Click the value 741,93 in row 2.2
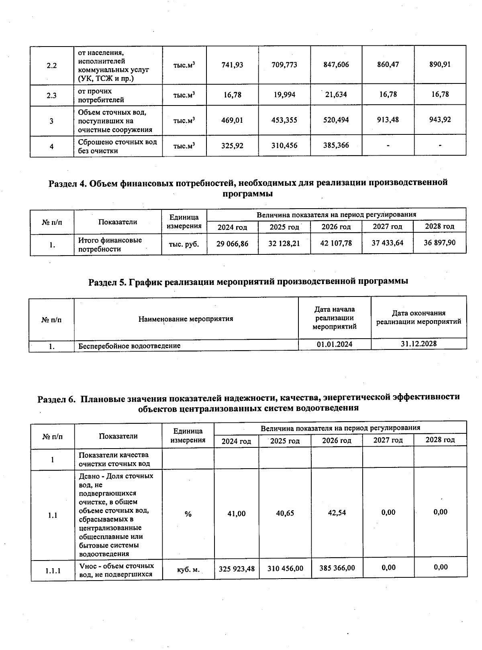[232, 65]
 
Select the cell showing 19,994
[284, 95]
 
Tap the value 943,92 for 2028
[440, 120]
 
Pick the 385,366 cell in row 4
[336, 145]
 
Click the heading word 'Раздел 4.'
[67, 183]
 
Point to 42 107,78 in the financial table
[336, 243]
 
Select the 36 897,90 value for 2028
[440, 243]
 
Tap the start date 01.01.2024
[335, 344]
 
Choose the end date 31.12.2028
[419, 344]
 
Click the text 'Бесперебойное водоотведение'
[129, 345]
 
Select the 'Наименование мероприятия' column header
[186, 319]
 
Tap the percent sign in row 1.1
[188, 514]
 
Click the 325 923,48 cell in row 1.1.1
[237, 568]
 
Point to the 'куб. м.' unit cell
[188, 569]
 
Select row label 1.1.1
[53, 570]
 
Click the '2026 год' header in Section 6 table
[337, 441]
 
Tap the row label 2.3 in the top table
[52, 95]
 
